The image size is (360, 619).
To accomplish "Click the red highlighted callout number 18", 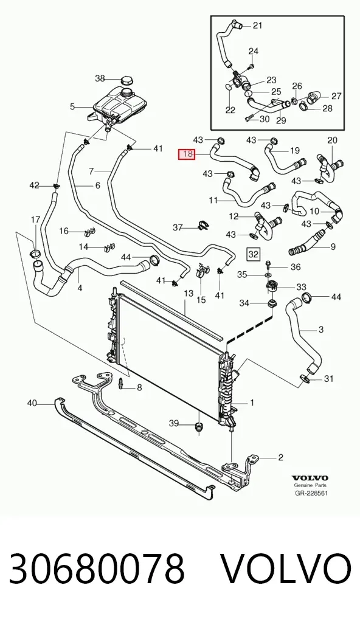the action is coord(187,154).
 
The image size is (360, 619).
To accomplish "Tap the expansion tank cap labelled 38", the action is coord(126,80).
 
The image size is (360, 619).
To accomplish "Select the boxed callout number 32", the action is coord(253,254).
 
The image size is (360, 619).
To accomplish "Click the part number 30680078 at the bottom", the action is coord(97,570).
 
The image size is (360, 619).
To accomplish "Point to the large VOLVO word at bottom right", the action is coord(285,570).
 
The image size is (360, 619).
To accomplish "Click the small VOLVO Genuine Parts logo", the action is coord(310,481).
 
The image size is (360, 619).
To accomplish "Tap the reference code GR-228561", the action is coord(311,493).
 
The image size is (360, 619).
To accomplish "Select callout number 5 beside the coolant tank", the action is coord(72,106).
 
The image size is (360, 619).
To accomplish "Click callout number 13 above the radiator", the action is coord(189,293).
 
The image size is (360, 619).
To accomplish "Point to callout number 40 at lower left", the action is coord(32,403).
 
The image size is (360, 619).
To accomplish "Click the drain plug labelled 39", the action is coord(199,427).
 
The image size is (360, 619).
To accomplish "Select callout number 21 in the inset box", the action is coord(257,26).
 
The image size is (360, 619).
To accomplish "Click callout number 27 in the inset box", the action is coord(336,96).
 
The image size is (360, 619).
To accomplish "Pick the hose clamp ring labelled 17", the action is coord(35,254).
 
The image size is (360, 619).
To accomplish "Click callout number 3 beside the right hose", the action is coord(321,329).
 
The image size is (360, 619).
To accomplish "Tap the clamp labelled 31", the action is coord(303,378).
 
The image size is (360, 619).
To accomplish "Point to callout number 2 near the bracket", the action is coord(281,457).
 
